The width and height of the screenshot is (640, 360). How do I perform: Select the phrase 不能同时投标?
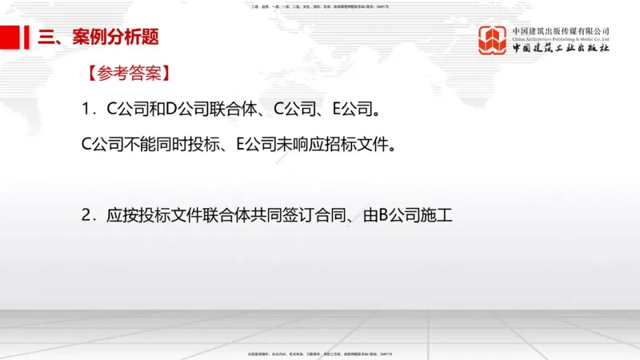tap(168, 145)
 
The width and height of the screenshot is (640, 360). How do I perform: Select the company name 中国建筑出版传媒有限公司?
tap(561, 30)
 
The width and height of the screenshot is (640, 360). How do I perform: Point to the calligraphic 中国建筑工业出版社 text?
tap(561, 48)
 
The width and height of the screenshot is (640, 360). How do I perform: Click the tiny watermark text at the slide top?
tap(320, 6)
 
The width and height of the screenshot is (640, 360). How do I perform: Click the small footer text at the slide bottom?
tap(320, 354)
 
